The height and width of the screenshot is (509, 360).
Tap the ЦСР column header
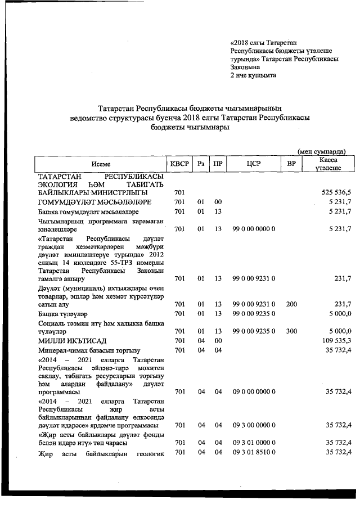coord(253,164)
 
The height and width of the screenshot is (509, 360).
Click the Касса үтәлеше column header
coord(327,164)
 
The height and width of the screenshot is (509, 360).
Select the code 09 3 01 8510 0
coord(253,452)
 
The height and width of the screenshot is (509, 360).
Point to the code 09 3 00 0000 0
coord(253,425)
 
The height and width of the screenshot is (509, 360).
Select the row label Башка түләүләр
coord(62,313)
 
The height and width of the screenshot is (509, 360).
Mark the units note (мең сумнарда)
coord(321,151)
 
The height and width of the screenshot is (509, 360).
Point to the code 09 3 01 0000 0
coord(253,443)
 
